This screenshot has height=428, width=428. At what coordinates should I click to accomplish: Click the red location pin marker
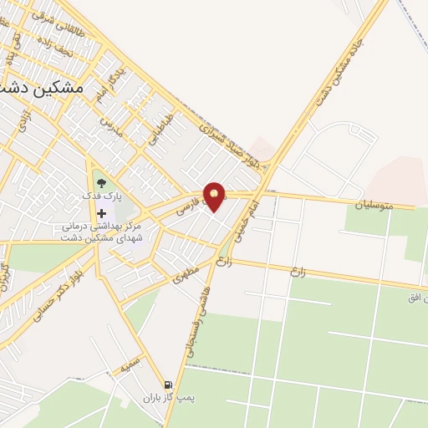pyautogui.click(x=216, y=196)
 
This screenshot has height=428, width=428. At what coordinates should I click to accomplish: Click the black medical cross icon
pyautogui.click(x=102, y=213)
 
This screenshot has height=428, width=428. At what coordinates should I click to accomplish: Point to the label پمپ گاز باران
pyautogui.click(x=161, y=399)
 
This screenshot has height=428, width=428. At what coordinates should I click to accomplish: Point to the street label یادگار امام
pyautogui.click(x=99, y=84)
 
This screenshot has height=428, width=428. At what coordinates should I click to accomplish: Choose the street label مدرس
pyautogui.click(x=107, y=127)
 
